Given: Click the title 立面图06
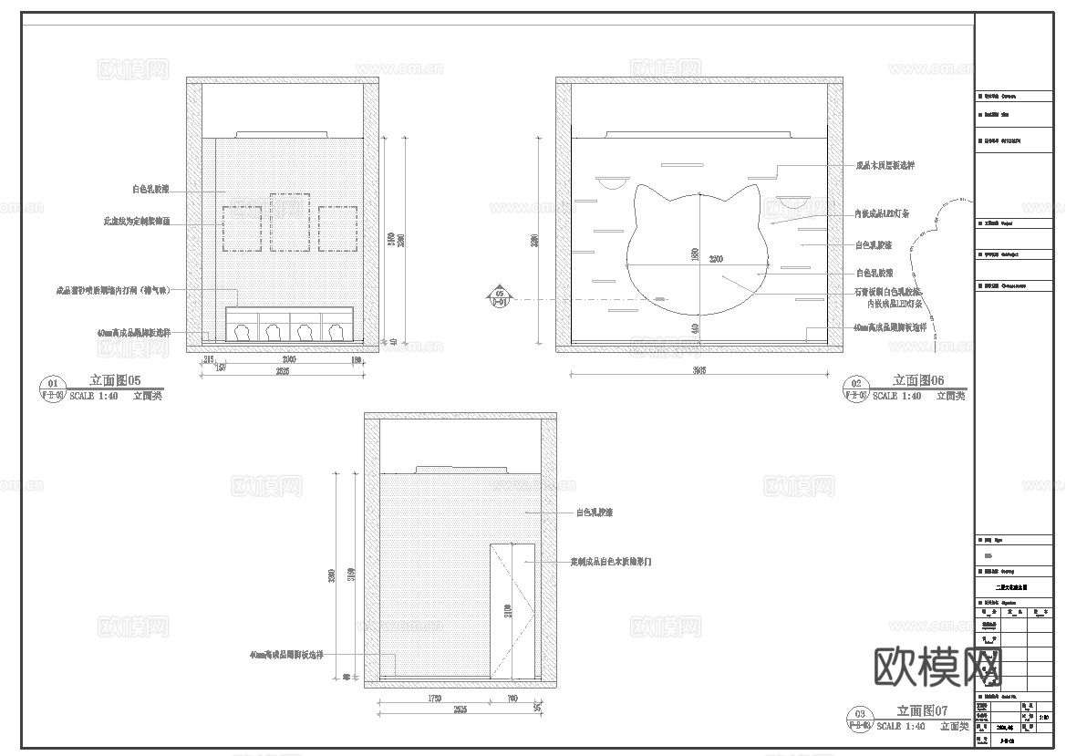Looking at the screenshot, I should point(918,381).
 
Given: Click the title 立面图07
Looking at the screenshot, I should point(923,711).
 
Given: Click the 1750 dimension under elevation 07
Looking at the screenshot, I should point(434,699).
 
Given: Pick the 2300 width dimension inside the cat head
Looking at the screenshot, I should point(716,260).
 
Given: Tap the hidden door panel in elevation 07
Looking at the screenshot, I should point(512,611).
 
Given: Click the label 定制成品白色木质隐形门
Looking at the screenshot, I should point(611,563).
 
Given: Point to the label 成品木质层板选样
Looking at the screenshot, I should point(885,166).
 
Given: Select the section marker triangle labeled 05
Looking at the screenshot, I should point(499,297).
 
